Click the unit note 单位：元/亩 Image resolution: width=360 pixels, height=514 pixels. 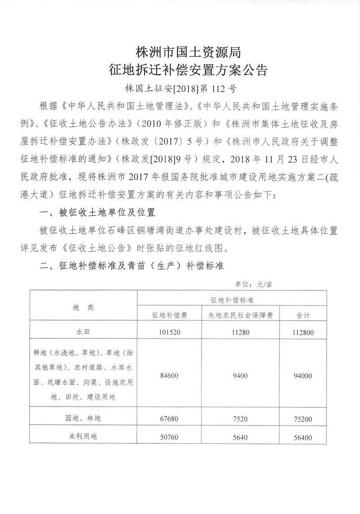pyautogui.click(x=253, y=284)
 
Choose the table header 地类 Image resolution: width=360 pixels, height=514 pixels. pyautogui.click(x=83, y=307)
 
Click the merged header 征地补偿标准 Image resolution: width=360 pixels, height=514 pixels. pyautogui.click(x=232, y=299)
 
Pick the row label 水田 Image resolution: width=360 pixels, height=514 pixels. pyautogui.click(x=83, y=333)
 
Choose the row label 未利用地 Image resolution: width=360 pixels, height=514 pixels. pyautogui.click(x=83, y=436)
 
